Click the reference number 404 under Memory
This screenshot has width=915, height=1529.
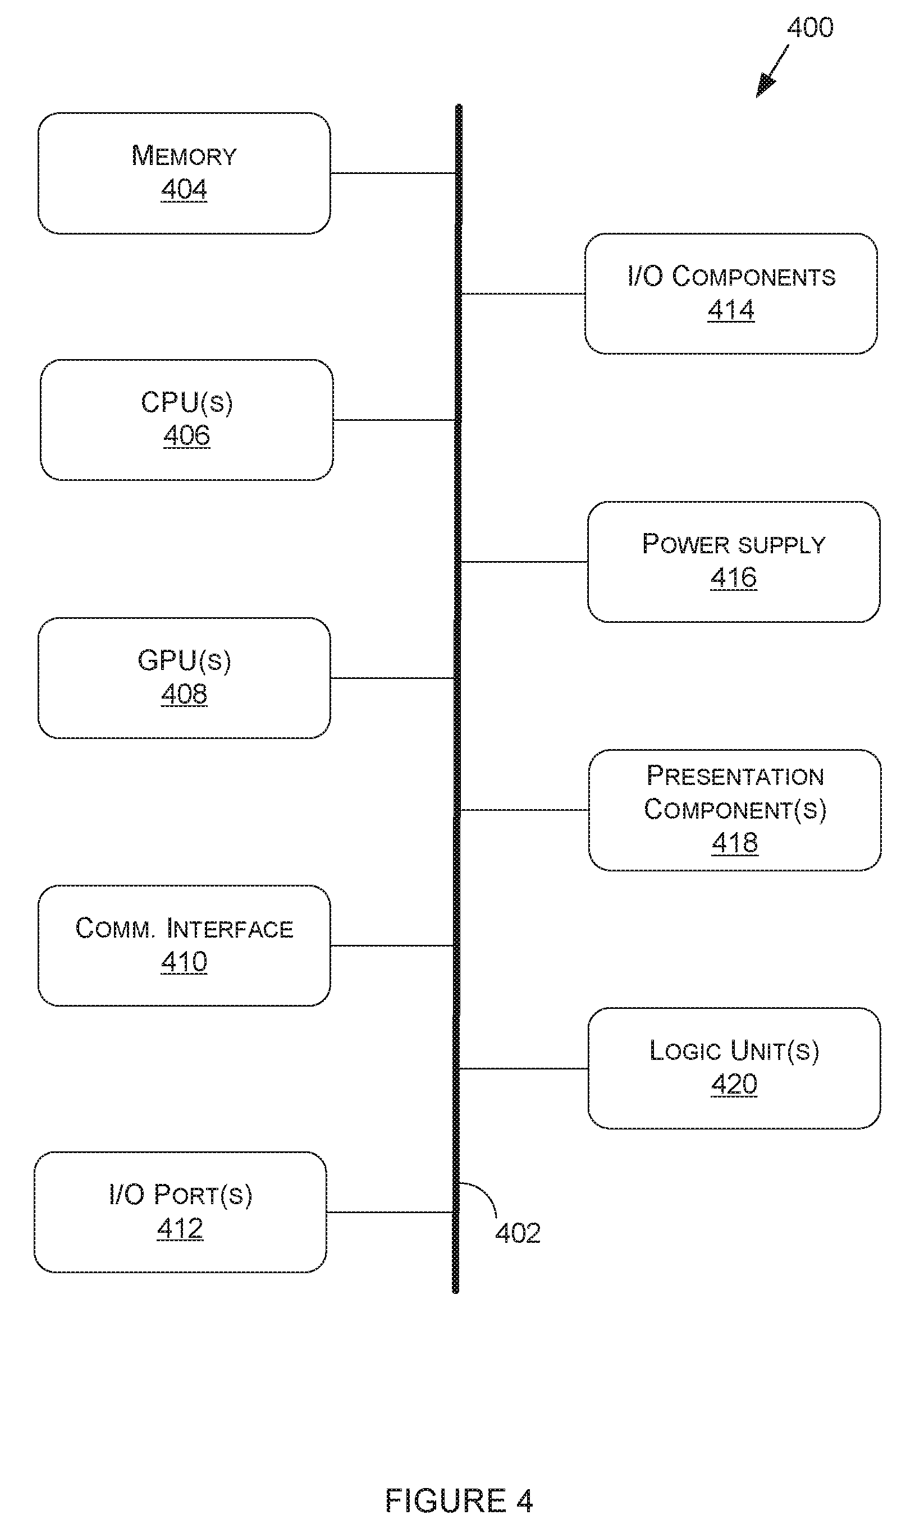pyautogui.click(x=184, y=189)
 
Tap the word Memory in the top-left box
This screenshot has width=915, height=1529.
pyautogui.click(x=184, y=155)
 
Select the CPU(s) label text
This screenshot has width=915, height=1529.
pyautogui.click(x=187, y=403)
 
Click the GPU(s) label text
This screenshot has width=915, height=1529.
pyautogui.click(x=184, y=660)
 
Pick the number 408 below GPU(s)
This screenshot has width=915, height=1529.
pyautogui.click(x=184, y=694)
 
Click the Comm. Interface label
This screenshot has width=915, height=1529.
pyautogui.click(x=184, y=928)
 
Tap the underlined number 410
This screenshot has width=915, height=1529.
pyautogui.click(x=184, y=961)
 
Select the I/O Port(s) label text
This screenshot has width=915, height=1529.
pyautogui.click(x=181, y=1195)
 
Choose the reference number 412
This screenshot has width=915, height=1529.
pyautogui.click(x=180, y=1228)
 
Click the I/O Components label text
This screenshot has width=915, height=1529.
pyautogui.click(x=731, y=276)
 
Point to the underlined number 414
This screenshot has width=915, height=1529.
pyautogui.click(x=731, y=309)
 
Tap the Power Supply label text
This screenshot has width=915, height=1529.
pyautogui.click(x=734, y=544)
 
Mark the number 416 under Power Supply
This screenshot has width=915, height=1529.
pyautogui.click(x=734, y=577)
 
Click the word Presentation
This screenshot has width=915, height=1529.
pyautogui.click(x=735, y=776)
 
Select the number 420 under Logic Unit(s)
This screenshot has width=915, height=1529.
pyautogui.click(x=734, y=1084)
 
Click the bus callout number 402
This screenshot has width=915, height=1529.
pyautogui.click(x=518, y=1233)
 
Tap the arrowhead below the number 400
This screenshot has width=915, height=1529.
pyautogui.click(x=765, y=85)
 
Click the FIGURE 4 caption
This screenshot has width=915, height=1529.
pyautogui.click(x=459, y=1500)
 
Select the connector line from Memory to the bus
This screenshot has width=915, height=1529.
pyautogui.click(x=393, y=173)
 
